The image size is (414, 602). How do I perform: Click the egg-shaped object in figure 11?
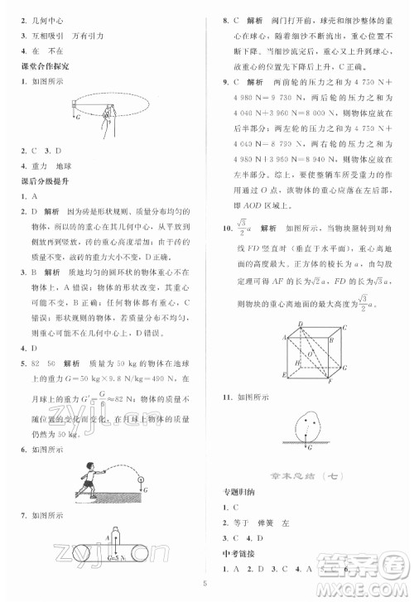(x=308, y=428)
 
